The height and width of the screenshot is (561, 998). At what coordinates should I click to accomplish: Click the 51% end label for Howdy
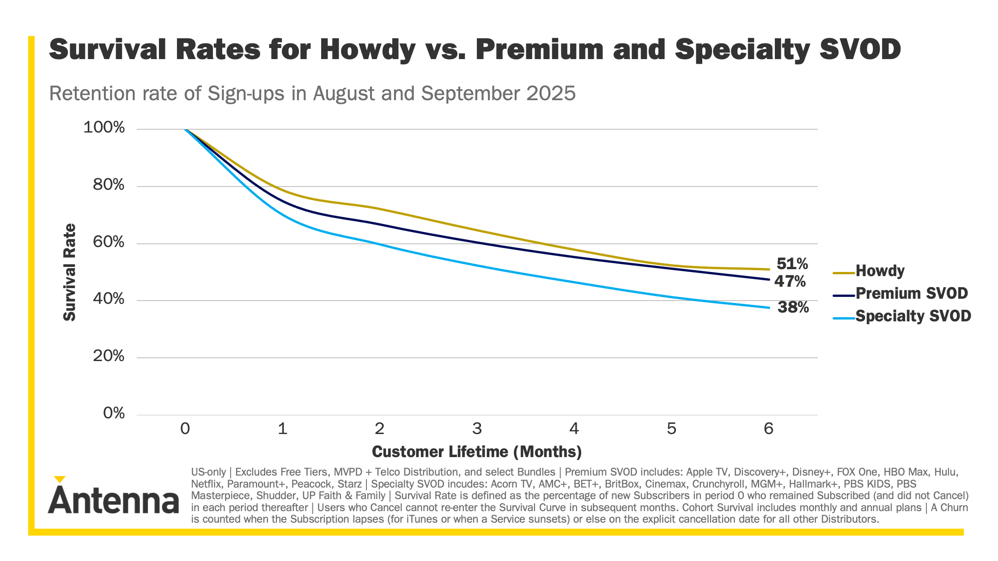(x=792, y=264)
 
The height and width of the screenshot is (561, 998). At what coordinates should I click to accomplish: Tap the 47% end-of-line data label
(x=790, y=281)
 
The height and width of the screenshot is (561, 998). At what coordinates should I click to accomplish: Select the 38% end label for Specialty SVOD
(x=793, y=307)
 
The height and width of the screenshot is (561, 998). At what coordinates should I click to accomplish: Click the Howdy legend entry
(x=880, y=271)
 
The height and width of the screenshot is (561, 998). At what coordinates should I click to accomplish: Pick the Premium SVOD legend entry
(x=911, y=293)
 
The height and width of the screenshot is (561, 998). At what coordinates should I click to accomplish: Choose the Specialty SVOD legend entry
(x=913, y=316)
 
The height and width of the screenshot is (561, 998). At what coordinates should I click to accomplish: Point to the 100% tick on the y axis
(x=104, y=127)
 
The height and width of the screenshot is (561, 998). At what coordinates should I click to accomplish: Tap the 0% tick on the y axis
(x=114, y=413)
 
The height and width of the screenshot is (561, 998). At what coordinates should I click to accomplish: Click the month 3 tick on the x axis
(x=477, y=429)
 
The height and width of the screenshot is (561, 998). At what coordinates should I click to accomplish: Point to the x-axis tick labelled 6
(x=768, y=429)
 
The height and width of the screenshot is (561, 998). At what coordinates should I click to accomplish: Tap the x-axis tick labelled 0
(x=185, y=429)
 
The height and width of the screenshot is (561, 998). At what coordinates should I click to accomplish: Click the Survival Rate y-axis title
(x=70, y=272)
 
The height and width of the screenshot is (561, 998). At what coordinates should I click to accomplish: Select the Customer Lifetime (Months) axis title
(x=477, y=452)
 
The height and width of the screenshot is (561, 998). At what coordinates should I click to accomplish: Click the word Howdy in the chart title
(x=367, y=49)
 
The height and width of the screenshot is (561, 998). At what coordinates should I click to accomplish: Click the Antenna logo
(x=113, y=500)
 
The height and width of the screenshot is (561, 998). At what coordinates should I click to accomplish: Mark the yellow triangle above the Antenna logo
(x=60, y=479)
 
